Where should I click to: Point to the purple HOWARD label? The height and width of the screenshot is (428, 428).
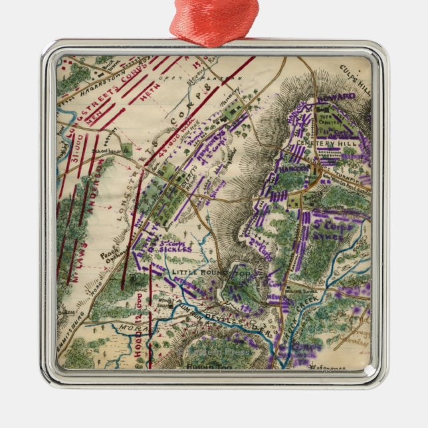336,97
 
